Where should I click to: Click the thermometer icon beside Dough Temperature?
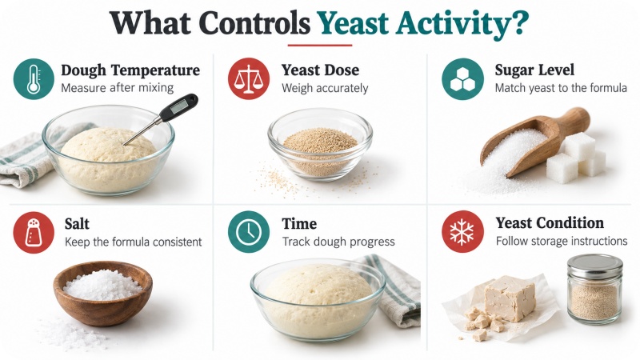(x=34, y=78)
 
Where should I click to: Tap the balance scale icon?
(x=249, y=78)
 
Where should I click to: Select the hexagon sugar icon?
(x=462, y=78)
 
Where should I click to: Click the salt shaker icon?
(x=34, y=232)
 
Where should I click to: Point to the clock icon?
(x=249, y=232)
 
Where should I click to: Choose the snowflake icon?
(x=462, y=231)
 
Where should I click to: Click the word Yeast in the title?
(x=351, y=23)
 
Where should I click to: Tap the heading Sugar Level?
(x=534, y=70)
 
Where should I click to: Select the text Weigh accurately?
(x=325, y=88)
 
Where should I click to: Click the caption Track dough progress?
(x=338, y=242)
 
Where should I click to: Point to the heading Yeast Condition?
(x=550, y=223)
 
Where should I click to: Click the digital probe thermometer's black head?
(x=178, y=107)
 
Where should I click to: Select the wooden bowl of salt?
(x=103, y=293)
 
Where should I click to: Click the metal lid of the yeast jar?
(x=594, y=266)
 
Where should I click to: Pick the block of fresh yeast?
(x=510, y=297)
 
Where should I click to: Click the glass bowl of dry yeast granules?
(x=320, y=144)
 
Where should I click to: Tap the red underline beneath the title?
(x=319, y=46)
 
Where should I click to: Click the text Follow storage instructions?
(x=562, y=241)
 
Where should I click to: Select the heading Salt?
(x=77, y=224)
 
